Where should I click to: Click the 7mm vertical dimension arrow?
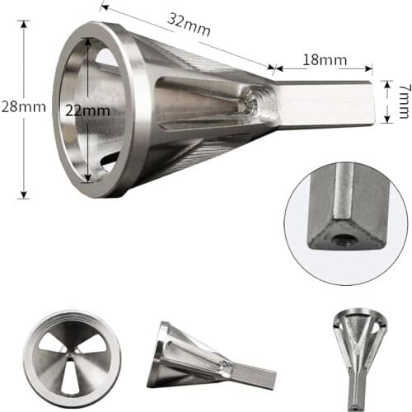[386, 101]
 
